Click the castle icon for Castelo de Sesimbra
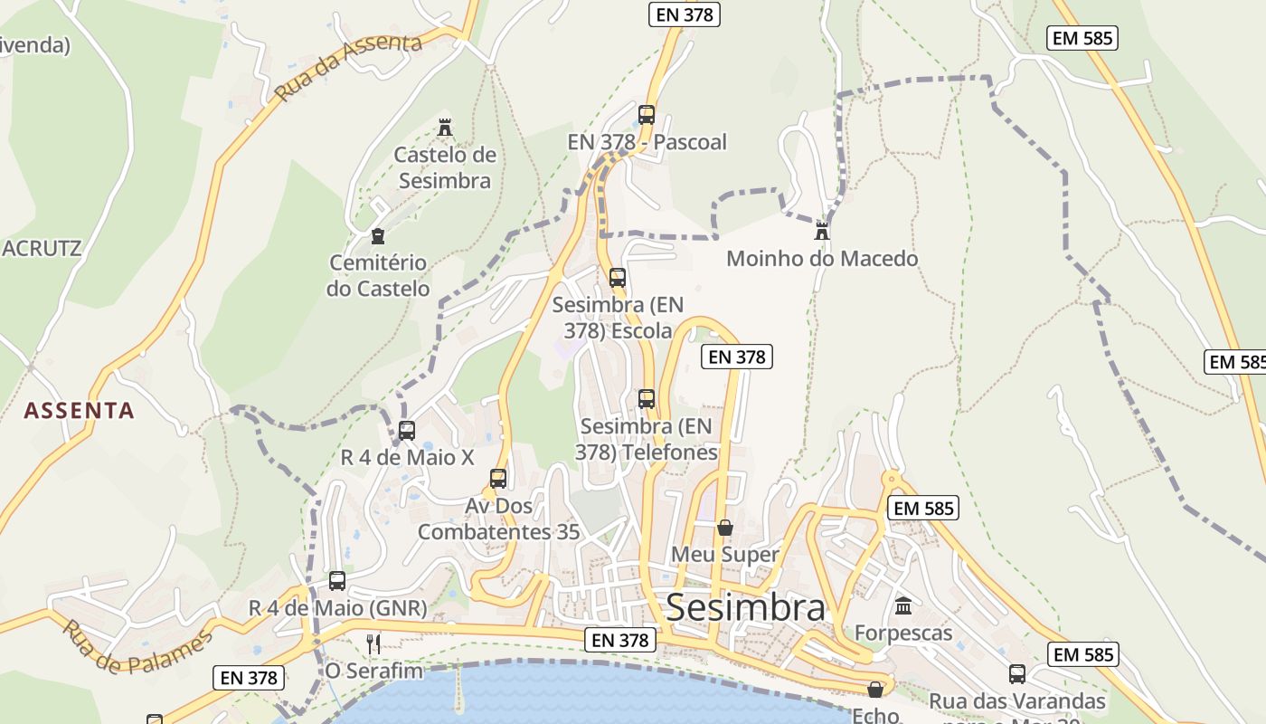coord(444,128)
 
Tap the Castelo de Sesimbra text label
coord(445,167)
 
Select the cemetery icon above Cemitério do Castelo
coord(378,236)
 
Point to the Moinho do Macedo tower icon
coord(822,231)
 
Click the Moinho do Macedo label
coord(822,259)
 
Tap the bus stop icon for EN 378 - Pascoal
coord(646,115)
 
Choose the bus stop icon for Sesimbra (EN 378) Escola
coord(618,278)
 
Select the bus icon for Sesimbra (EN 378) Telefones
coord(647,399)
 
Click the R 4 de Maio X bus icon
coord(407,431)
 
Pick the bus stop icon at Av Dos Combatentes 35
coord(498,479)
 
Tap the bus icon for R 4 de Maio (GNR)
coord(337,581)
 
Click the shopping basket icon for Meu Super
coord(724,527)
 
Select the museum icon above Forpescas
coord(903,605)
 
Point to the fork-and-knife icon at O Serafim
coord(373,643)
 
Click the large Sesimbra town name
coord(745,608)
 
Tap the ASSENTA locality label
coord(79,411)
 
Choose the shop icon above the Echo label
coord(874,690)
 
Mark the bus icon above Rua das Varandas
coord(1017,674)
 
